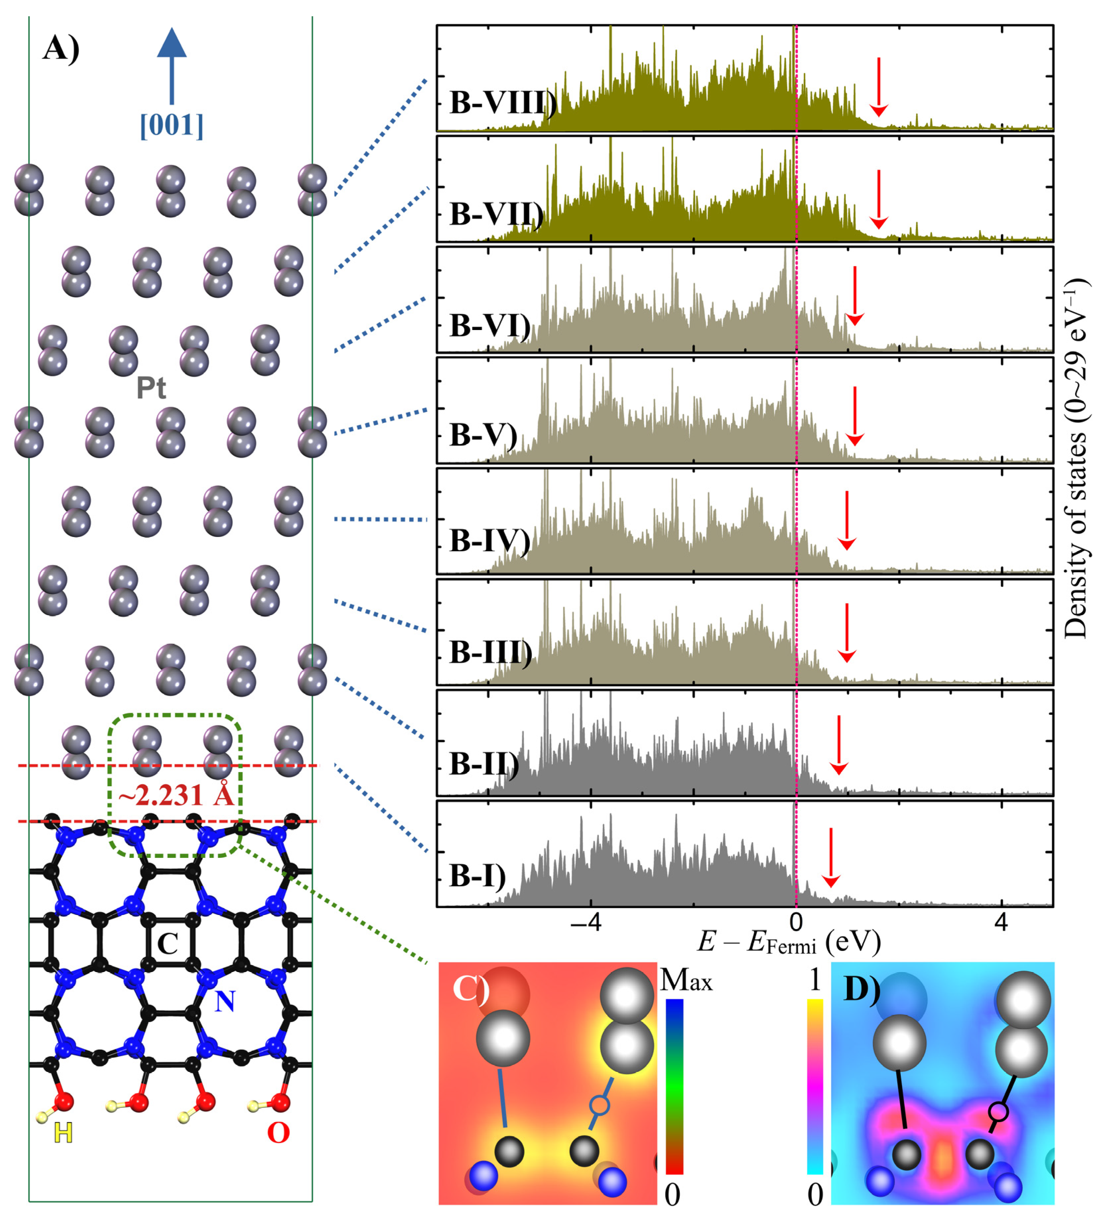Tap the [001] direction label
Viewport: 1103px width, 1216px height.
pyautogui.click(x=171, y=125)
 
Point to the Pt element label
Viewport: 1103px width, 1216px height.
pyautogui.click(x=151, y=388)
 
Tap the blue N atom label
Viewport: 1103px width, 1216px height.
pyautogui.click(x=225, y=1001)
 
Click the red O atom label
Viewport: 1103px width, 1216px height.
pyautogui.click(x=278, y=1133)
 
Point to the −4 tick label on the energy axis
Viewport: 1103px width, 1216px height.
pyautogui.click(x=589, y=922)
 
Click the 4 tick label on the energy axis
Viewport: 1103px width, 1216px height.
pyautogui.click(x=1002, y=922)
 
